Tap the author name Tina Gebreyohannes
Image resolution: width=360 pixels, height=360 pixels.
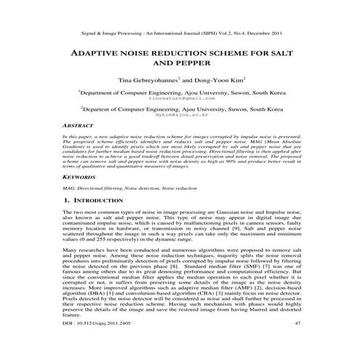tap(144, 82)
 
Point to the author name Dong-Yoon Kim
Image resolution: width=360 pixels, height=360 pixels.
tap(220, 82)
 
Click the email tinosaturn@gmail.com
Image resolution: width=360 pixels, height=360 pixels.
tap(180, 98)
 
